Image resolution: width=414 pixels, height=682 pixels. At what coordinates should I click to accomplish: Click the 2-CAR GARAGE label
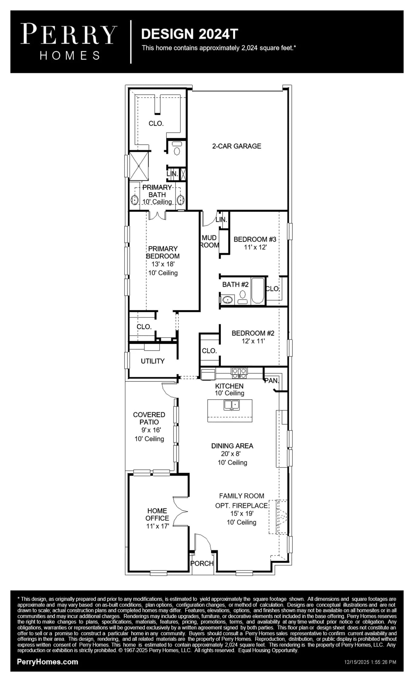pyautogui.click(x=236, y=146)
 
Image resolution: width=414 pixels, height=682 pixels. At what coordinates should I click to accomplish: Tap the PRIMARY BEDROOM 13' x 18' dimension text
pyautogui.click(x=163, y=264)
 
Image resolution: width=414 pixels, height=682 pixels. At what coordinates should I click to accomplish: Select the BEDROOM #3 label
pyautogui.click(x=255, y=239)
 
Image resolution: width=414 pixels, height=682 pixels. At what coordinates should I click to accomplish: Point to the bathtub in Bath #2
pyautogui.click(x=258, y=290)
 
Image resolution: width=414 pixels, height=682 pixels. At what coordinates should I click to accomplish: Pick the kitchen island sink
pyautogui.click(x=232, y=405)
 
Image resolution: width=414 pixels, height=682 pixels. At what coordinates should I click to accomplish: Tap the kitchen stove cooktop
pyautogui.click(x=239, y=373)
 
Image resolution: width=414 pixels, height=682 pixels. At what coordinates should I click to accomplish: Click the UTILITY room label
pyautogui.click(x=153, y=361)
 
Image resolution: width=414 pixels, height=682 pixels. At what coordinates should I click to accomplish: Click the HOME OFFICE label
pyautogui.click(x=157, y=514)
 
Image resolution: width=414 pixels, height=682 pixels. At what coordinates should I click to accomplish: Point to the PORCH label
pyautogui.click(x=202, y=563)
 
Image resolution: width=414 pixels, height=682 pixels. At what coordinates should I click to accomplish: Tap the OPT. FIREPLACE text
pyautogui.click(x=242, y=506)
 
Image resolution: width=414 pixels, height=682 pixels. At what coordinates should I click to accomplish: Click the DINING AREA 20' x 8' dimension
pyautogui.click(x=231, y=454)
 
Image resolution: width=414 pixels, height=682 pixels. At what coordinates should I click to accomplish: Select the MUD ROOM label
pyautogui.click(x=209, y=241)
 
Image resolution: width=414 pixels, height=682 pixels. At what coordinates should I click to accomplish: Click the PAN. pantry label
pyautogui.click(x=272, y=380)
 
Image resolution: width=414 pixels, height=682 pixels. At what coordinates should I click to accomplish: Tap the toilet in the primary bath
pyautogui.click(x=177, y=149)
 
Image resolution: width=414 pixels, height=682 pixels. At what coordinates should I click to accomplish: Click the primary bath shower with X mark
pyautogui.click(x=139, y=166)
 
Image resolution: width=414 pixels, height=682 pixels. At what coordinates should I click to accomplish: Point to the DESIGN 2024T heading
pyautogui.click(x=190, y=34)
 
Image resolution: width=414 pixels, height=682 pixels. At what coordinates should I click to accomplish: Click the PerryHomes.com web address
pyautogui.click(x=48, y=662)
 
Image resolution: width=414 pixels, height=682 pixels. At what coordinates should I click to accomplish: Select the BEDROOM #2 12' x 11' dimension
pyautogui.click(x=253, y=341)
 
